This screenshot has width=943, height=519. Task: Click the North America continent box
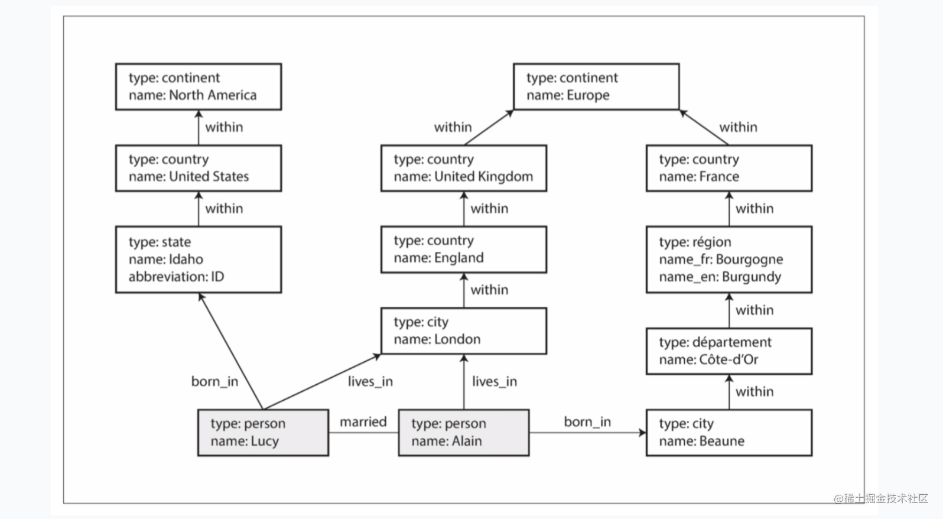pyautogui.click(x=199, y=87)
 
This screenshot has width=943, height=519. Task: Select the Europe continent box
pyautogui.click(x=596, y=87)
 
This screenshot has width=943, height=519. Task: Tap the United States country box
pyautogui.click(x=199, y=168)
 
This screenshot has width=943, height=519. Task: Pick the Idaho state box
pyautogui.click(x=199, y=259)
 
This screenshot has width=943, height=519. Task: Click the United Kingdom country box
pyautogui.click(x=464, y=168)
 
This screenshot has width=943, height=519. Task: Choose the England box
pyautogui.click(x=464, y=249)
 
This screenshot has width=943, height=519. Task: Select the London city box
pyautogui.click(x=464, y=330)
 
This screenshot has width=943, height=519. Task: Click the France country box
pyautogui.click(x=729, y=168)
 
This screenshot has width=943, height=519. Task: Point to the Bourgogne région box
pyautogui.click(x=729, y=259)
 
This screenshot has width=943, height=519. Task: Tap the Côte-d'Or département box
pyautogui.click(x=729, y=351)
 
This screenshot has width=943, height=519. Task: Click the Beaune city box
pyautogui.click(x=729, y=433)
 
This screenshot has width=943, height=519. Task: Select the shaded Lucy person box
pyautogui.click(x=263, y=433)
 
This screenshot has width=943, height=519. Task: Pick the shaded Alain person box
pyautogui.click(x=464, y=433)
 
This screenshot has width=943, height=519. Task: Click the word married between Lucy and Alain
pyautogui.click(x=363, y=421)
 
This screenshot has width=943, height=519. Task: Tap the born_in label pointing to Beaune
pyautogui.click(x=587, y=422)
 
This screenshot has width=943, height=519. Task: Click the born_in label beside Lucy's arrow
pyautogui.click(x=214, y=382)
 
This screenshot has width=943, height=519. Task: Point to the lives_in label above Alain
pyautogui.click(x=494, y=382)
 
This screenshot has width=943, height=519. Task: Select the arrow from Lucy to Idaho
pyautogui.click(x=230, y=351)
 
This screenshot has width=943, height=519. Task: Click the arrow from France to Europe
pyautogui.click(x=704, y=127)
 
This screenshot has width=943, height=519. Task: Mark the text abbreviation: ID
pyautogui.click(x=177, y=277)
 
